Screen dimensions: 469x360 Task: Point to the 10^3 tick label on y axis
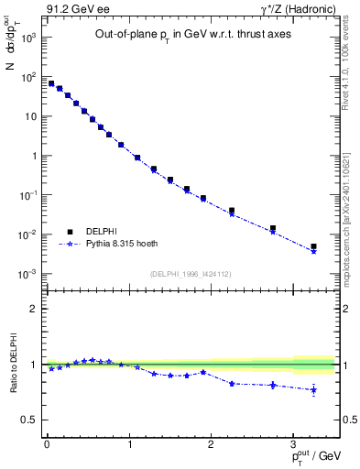[x=28, y=38]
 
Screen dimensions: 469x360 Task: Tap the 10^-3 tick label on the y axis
[x=27, y=274]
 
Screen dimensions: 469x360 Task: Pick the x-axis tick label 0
[x=47, y=443]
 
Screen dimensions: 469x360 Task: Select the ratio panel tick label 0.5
[x=27, y=420]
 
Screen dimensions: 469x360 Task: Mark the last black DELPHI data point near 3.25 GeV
[x=313, y=246]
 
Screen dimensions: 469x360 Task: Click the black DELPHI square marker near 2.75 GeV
[x=273, y=228]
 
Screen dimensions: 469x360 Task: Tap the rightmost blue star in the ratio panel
[x=313, y=390]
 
